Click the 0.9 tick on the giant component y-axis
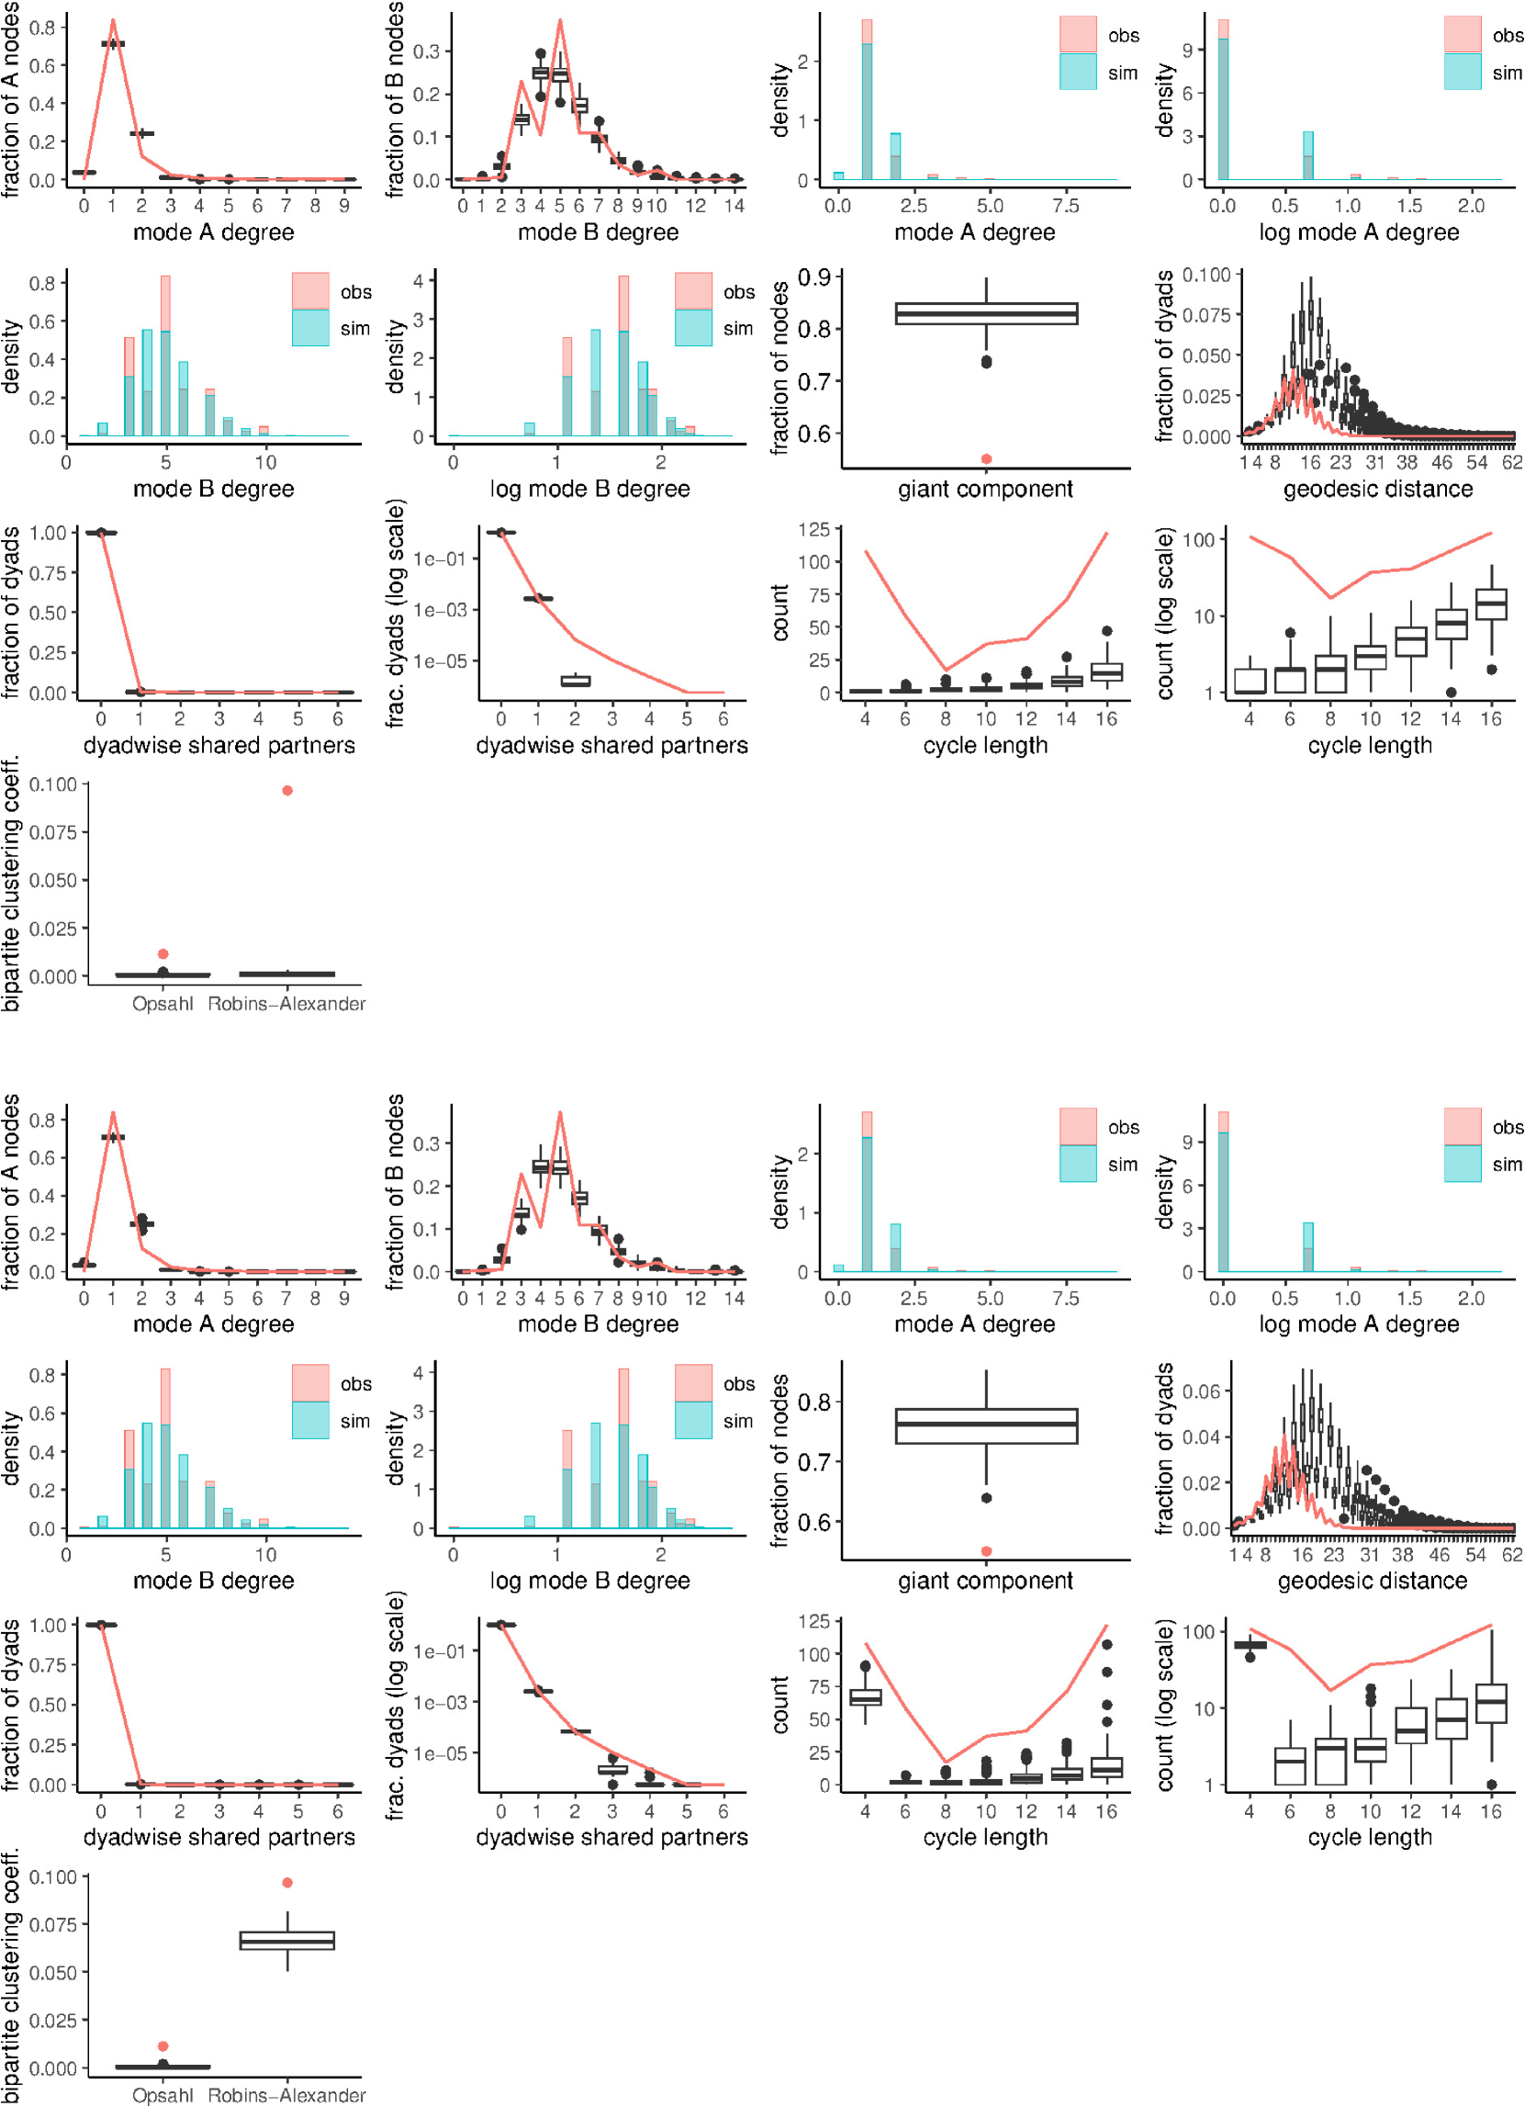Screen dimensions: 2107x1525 [x=814, y=277]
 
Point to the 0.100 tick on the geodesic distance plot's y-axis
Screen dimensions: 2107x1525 [x=1206, y=275]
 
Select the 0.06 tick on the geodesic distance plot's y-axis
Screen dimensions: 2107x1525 [x=1206, y=1392]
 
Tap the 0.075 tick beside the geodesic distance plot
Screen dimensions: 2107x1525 [x=1206, y=316]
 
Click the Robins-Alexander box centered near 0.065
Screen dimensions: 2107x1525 [x=287, y=1941]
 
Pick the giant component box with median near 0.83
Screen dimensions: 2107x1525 [x=986, y=313]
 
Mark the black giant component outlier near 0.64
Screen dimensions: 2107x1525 [x=986, y=1498]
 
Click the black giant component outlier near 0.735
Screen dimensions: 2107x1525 [x=986, y=361]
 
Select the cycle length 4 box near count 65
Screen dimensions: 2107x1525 [x=866, y=1697]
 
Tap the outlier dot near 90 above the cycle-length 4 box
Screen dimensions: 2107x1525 [x=866, y=1667]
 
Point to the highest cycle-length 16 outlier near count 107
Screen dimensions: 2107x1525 [x=1106, y=1644]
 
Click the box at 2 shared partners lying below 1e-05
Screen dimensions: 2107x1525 [x=576, y=681]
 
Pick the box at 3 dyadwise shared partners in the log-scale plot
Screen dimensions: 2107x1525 [x=612, y=1769]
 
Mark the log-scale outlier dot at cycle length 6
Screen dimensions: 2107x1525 [x=1290, y=633]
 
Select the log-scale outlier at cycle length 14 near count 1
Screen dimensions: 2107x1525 [x=1451, y=693]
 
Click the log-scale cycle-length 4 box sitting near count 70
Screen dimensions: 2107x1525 [x=1250, y=1645]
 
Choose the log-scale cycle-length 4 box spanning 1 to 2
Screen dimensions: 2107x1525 [x=1250, y=681]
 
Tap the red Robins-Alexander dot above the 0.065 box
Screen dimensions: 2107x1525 [x=287, y=1882]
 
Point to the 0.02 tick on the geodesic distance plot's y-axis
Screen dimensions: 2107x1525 [x=1206, y=1482]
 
